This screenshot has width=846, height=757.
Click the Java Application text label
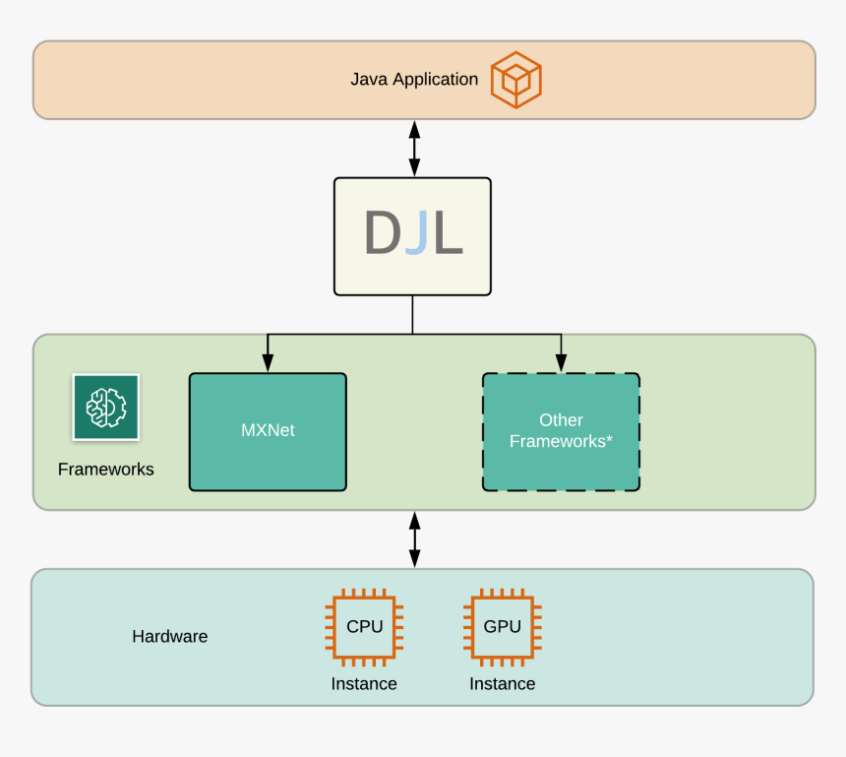coord(414,80)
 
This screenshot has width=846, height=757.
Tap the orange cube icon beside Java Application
coord(516,80)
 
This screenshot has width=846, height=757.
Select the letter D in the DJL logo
coord(382,234)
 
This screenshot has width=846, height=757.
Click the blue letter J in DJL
coord(416,234)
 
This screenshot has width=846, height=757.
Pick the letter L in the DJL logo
coord(448,234)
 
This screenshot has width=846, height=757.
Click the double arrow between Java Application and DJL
coord(414,149)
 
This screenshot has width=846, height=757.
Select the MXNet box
coord(268,431)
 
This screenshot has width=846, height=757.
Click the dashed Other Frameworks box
coord(561,431)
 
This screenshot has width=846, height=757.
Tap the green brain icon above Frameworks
coord(106,407)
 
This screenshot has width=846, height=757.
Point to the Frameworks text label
coord(106,470)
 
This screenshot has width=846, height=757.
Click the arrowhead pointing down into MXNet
coord(268,364)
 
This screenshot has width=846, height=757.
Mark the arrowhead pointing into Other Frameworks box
coord(561,364)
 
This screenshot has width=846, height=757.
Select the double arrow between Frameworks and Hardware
coord(414,539)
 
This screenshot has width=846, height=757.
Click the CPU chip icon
coord(364,627)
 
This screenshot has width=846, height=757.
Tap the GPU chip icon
coord(503,627)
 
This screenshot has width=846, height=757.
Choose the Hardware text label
coord(170,637)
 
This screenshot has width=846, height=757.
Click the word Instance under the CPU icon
coord(364,684)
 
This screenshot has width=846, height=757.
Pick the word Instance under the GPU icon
coord(503,684)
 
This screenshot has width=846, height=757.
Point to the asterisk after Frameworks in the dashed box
coord(609,439)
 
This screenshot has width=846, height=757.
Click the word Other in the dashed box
coord(561,420)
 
